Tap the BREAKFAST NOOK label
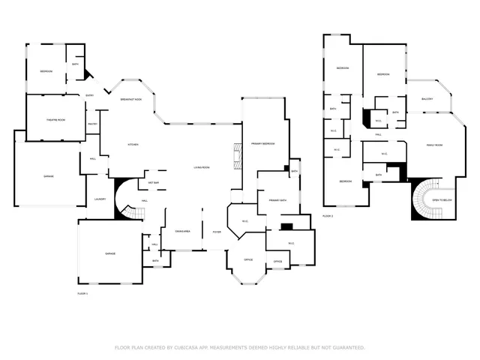[131, 100]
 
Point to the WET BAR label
[153, 182]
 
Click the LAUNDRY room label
[100, 199]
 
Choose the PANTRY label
[93, 124]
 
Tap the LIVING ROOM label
[201, 167]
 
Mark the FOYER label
[217, 232]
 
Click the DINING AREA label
[183, 232]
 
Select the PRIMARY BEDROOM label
[262, 143]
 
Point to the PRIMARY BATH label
[268, 200]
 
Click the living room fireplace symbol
[237, 157]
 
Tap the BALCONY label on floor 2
[427, 99]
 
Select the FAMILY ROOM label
[434, 145]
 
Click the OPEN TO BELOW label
[442, 200]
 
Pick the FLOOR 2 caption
[328, 215]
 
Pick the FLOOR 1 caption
[82, 293]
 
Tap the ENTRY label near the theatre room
[89, 95]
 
